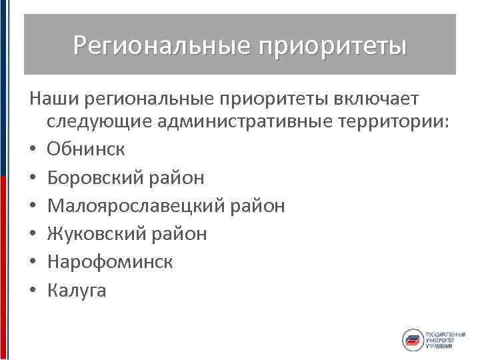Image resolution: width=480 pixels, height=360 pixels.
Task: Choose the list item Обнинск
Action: (85, 149)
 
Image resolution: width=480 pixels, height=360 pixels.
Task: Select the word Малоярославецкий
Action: (137, 205)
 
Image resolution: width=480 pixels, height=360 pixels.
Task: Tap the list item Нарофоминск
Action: (110, 261)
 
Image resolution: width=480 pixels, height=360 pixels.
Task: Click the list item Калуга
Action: (77, 290)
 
